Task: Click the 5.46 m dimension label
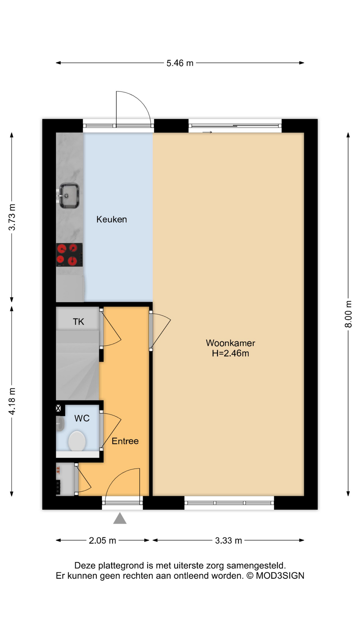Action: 180,63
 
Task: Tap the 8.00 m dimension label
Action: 348,314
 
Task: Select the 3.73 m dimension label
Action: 12,217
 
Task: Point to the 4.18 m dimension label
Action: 12,401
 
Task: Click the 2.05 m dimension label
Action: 102,540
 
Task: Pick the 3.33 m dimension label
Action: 228,540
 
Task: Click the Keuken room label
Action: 111,219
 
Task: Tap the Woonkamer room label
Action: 230,343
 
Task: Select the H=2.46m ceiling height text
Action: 230,353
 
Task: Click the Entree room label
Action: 125,441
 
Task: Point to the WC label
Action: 82,418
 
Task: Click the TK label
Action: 78,322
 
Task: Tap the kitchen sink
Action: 69,196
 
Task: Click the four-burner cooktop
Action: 69,255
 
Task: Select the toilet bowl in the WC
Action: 77,441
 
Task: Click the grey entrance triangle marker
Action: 120,519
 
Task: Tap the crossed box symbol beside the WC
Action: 58,408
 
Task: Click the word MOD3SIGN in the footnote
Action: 280,576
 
